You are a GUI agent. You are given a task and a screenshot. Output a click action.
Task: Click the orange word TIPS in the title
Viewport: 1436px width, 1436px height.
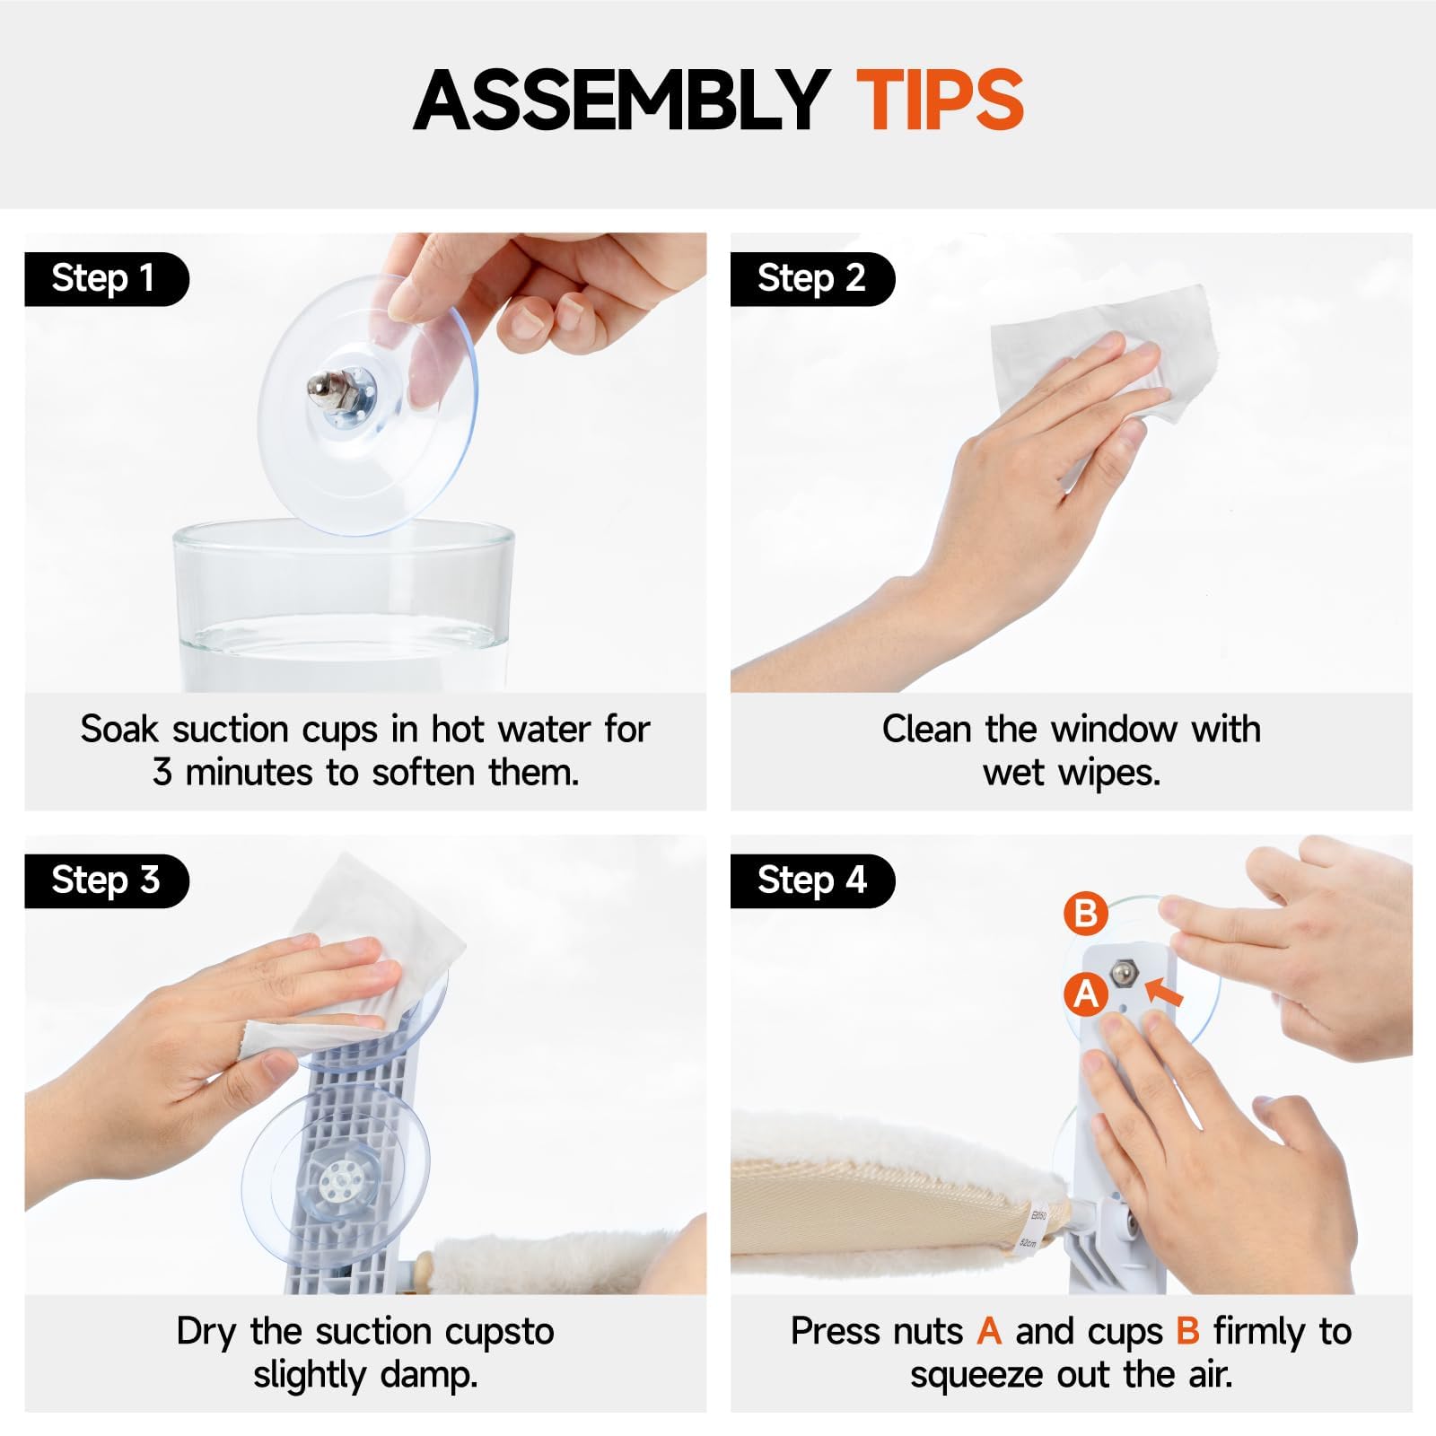coord(941,100)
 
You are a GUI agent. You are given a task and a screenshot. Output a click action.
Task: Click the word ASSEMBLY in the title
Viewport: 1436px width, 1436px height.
coord(621,100)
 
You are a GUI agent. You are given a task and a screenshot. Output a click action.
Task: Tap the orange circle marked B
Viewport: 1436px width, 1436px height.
coord(1086,914)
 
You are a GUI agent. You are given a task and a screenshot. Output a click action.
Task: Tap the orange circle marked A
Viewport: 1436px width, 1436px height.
coord(1086,994)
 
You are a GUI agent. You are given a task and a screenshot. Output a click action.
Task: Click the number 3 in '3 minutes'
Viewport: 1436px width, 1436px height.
coord(162,773)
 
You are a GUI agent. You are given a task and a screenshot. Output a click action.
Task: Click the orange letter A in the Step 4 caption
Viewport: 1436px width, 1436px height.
coord(989,1332)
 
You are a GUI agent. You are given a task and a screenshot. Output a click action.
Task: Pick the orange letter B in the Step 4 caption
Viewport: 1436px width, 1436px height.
coord(1187,1332)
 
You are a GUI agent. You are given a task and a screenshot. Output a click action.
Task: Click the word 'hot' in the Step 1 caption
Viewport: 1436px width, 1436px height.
coord(458,730)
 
